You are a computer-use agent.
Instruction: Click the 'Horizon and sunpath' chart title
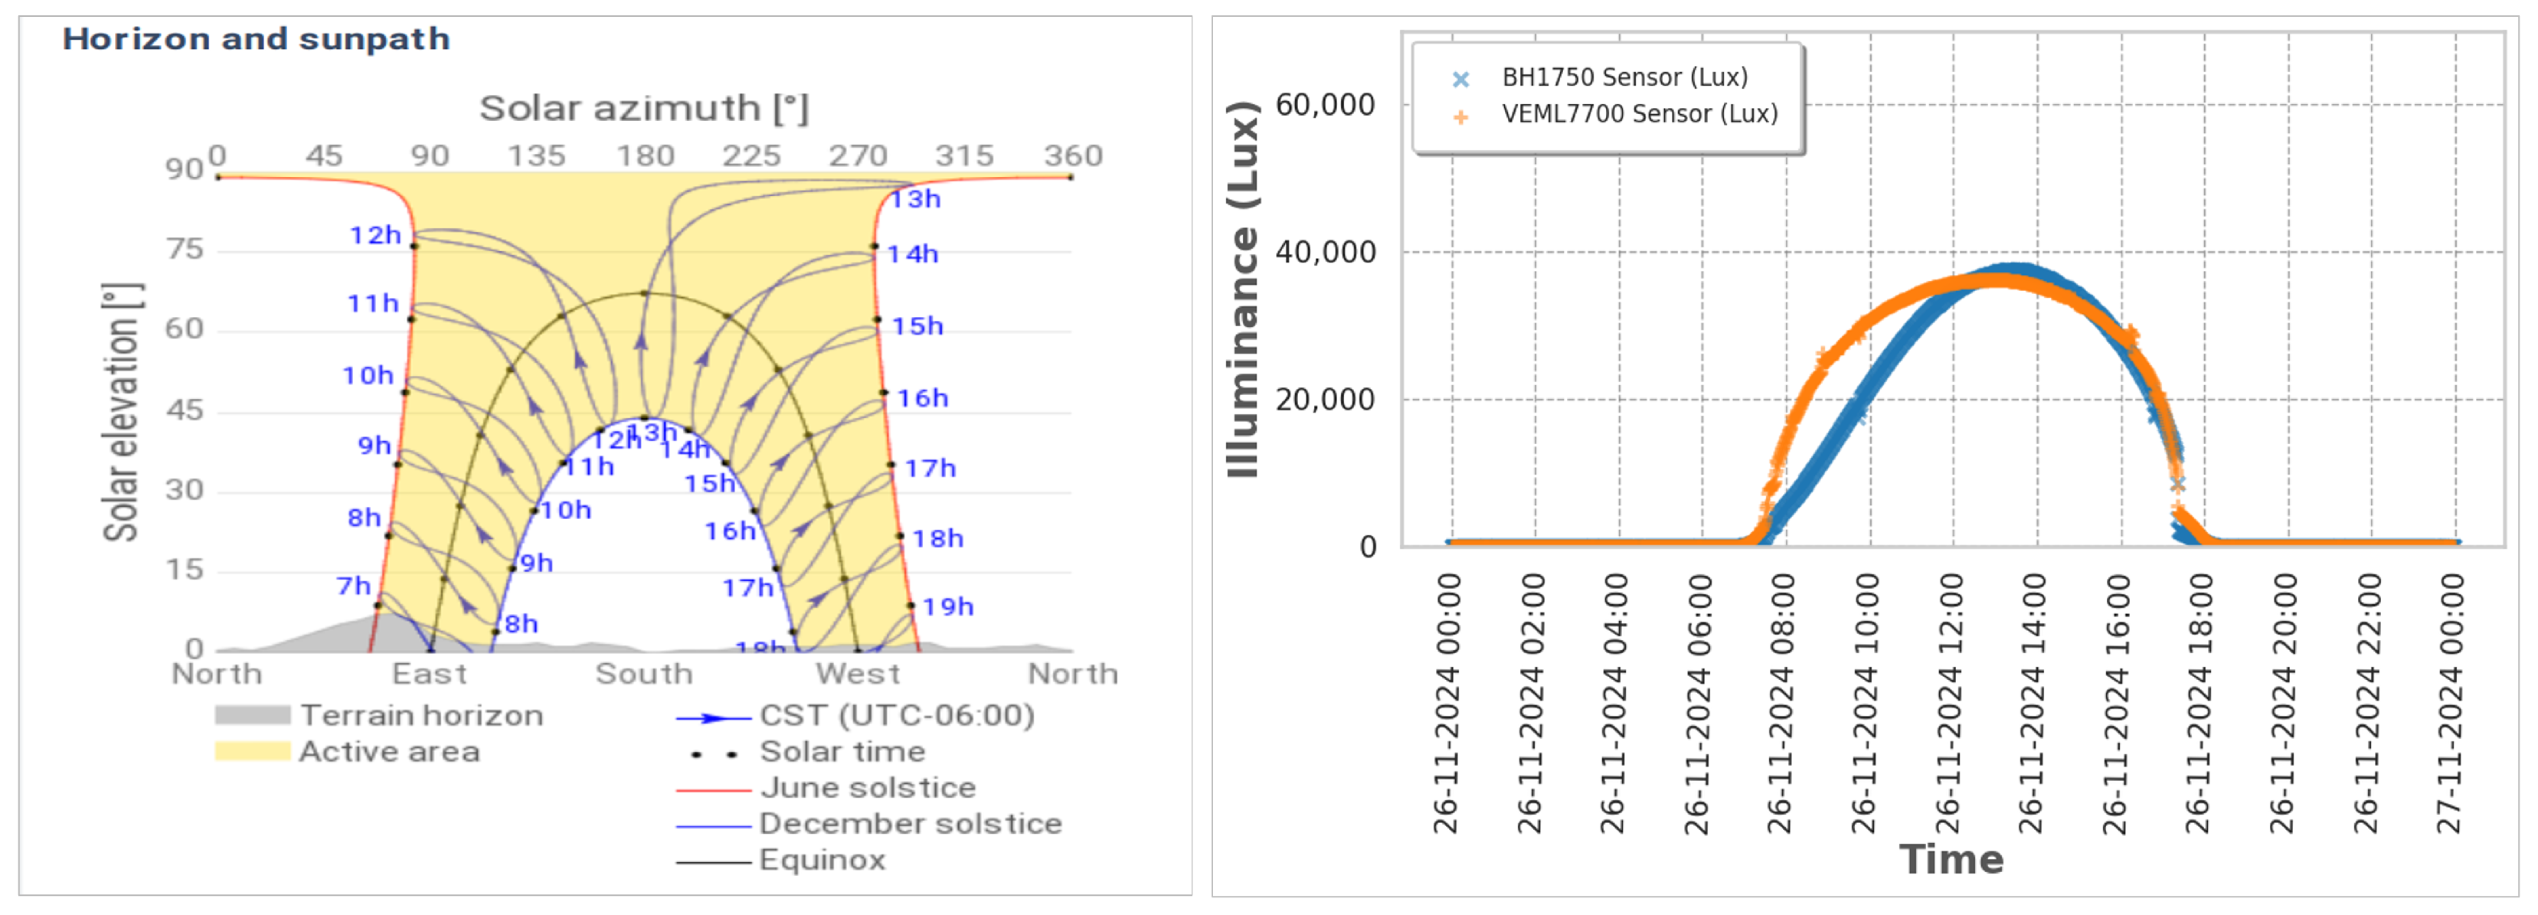click(x=256, y=39)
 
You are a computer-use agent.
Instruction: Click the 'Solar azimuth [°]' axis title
click(x=643, y=108)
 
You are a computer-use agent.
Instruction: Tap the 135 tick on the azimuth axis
click(x=536, y=155)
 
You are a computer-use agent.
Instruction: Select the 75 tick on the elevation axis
click(x=185, y=249)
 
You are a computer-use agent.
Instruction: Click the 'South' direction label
click(x=644, y=675)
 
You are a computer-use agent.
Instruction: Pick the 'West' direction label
click(x=857, y=675)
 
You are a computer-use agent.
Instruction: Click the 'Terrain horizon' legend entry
click(x=422, y=715)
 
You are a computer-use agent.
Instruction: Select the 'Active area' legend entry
click(x=389, y=751)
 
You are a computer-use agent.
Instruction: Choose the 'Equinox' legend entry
click(x=822, y=860)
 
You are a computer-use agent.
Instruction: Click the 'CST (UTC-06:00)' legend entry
click(x=897, y=715)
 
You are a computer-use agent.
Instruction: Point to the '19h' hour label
click(x=948, y=606)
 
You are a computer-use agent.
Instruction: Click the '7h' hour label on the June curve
click(x=354, y=586)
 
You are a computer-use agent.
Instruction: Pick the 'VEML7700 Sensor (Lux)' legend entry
click(x=1640, y=114)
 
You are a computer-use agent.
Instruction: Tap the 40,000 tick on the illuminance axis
click(x=1324, y=252)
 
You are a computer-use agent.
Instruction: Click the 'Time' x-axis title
click(x=1951, y=860)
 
